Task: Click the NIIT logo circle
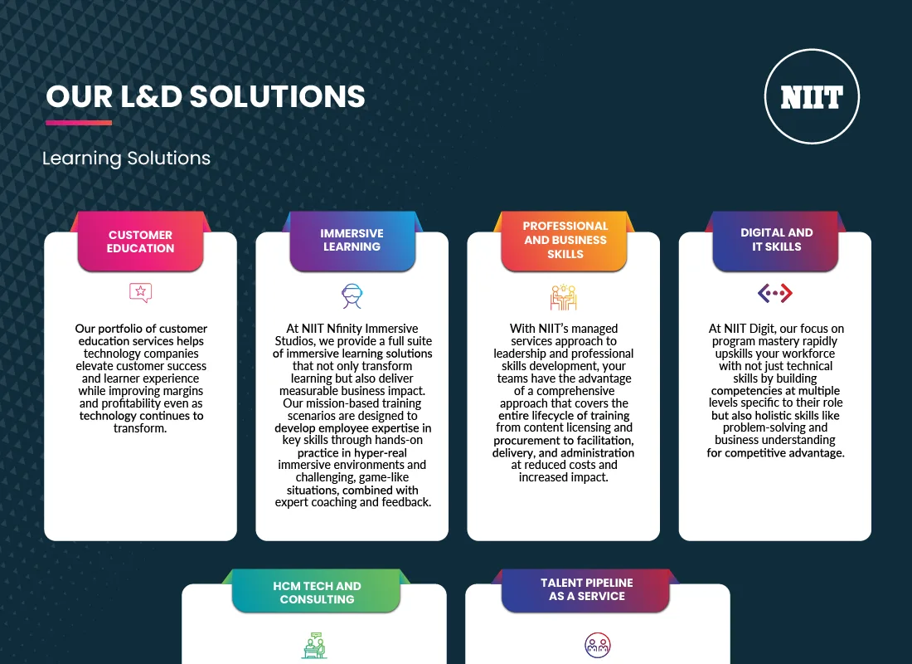812,96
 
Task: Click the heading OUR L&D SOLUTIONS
206,96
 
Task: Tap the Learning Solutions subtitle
126,158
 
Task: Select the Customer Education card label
140,242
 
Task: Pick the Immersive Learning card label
352,240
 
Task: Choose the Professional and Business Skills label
565,240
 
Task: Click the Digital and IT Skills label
776,240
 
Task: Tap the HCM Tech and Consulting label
317,593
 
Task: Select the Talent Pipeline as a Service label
586,589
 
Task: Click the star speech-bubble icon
141,292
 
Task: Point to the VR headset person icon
352,295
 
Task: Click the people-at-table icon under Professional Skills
564,296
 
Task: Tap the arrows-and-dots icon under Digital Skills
775,293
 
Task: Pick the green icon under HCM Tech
314,645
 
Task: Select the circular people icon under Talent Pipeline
597,645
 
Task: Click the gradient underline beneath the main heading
78,123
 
